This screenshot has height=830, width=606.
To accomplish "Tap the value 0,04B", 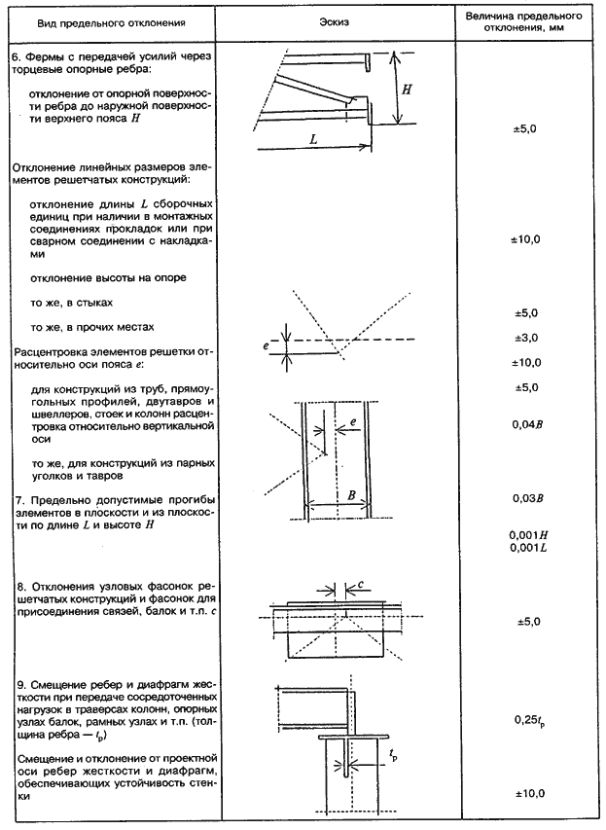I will point(525,424).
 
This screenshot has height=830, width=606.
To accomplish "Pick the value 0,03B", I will point(525,498).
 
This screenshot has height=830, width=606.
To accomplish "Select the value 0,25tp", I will point(525,720).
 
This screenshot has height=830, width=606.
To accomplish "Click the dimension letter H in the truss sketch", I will point(408,90).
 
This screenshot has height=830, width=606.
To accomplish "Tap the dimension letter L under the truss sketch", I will point(314,139).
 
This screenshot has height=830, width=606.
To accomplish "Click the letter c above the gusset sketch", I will point(361,585).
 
